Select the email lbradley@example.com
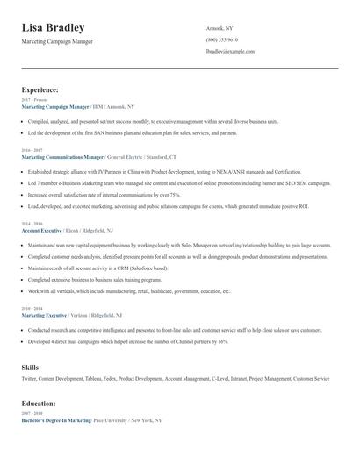coord(230,52)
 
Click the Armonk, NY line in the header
coord(220,28)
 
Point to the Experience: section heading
coord(40,89)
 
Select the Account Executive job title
coord(41,230)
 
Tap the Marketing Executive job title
coord(44,314)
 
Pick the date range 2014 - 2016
coord(30,224)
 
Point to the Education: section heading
coord(39,403)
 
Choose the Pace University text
coord(110,420)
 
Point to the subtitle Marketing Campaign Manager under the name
coord(57,41)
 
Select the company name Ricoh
coord(75,230)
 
